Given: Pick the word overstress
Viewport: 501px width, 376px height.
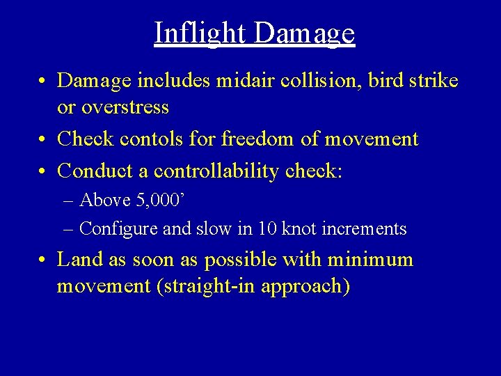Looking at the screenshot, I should click(126, 107).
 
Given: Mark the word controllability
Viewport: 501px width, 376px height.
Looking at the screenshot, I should click(217, 171).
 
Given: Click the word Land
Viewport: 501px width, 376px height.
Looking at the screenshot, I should click(76, 260).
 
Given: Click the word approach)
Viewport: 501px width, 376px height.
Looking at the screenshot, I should click(305, 287).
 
